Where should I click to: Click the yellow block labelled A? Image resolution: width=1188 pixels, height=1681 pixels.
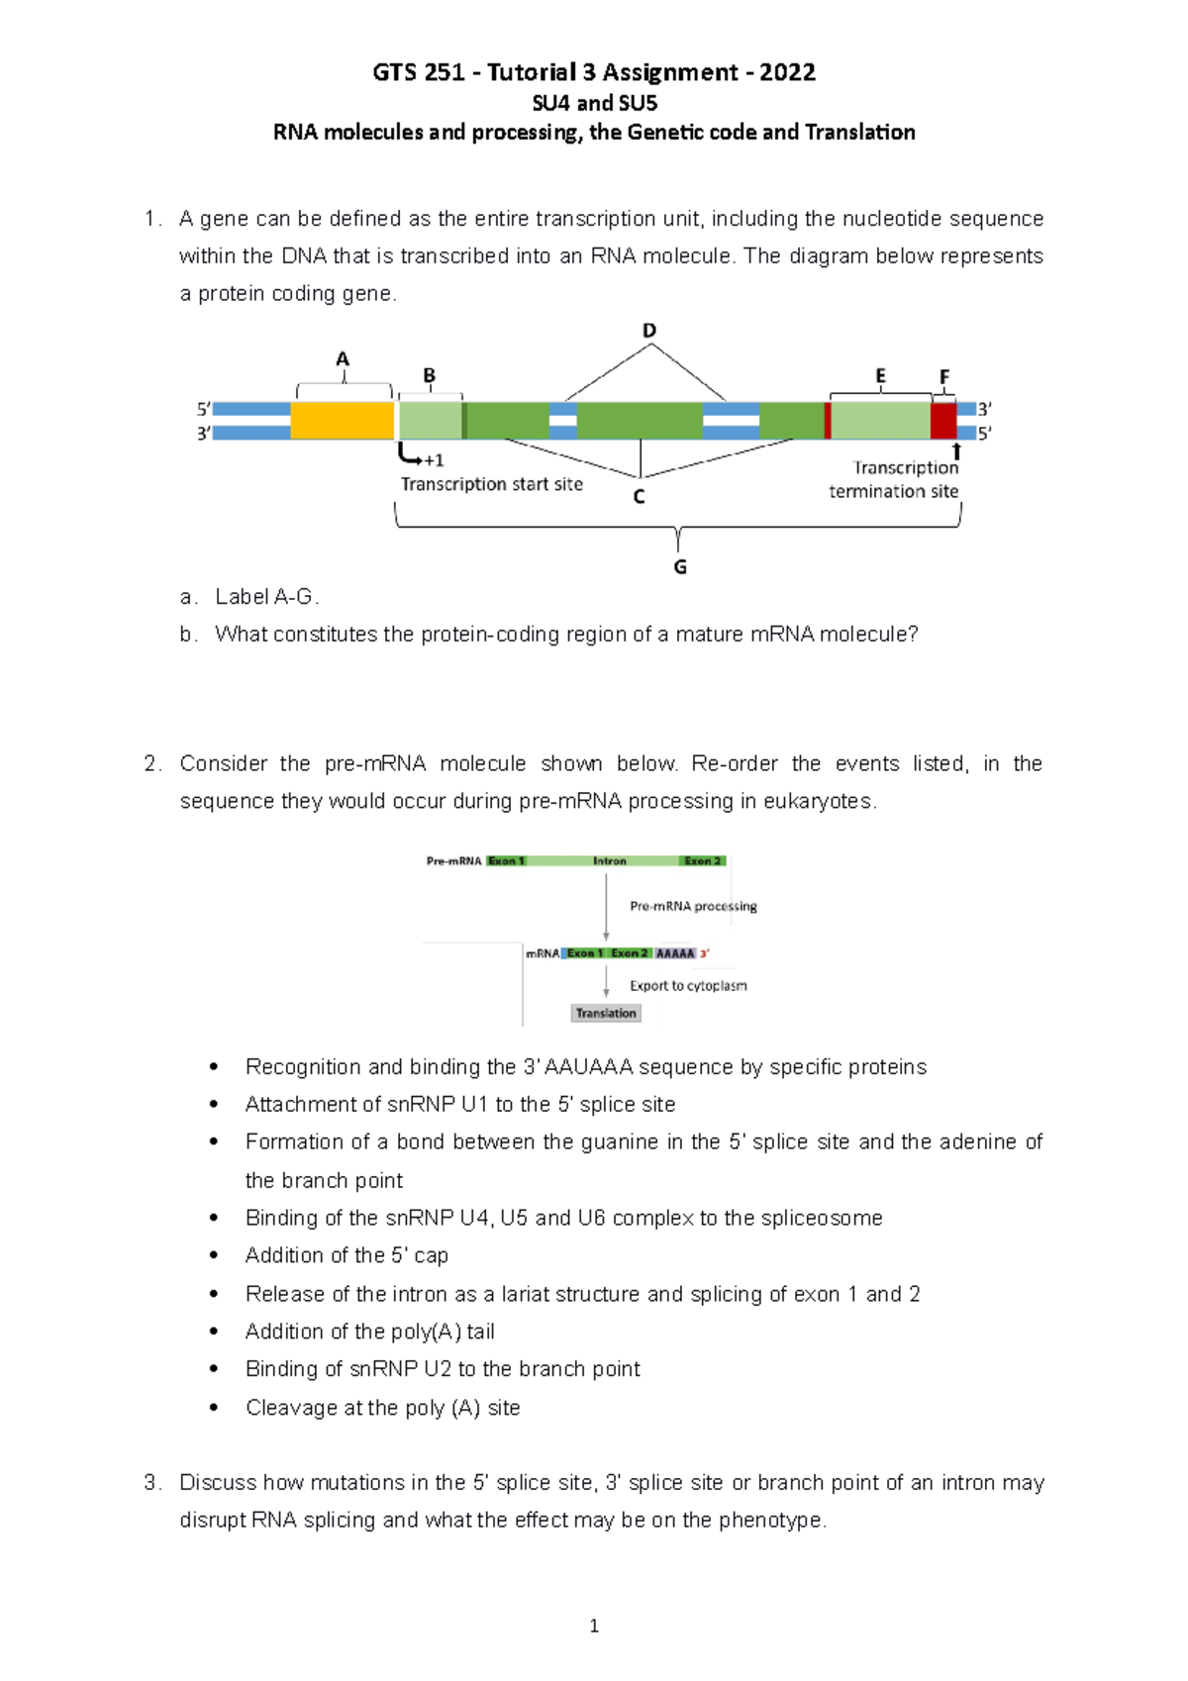[342, 421]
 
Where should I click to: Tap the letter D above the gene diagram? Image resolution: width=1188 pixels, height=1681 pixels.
[649, 331]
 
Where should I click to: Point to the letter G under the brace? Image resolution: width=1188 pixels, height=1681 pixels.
[680, 567]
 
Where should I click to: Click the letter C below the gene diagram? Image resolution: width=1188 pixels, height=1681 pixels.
[639, 497]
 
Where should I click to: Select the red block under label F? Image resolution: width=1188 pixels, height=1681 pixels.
[943, 421]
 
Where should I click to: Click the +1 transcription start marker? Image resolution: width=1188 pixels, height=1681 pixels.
[433, 460]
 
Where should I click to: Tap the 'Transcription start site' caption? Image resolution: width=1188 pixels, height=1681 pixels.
[491, 484]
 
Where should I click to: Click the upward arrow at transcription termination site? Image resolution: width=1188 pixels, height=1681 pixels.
[956, 451]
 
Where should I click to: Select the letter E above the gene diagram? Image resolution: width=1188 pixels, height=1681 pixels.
[880, 376]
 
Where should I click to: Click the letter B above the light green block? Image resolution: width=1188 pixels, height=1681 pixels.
[430, 376]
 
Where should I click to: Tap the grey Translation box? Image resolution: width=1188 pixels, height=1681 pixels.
[606, 1013]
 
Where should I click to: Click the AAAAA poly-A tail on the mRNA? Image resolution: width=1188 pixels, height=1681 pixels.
[675, 953]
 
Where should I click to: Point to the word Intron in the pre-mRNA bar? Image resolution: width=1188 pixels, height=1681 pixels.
[610, 861]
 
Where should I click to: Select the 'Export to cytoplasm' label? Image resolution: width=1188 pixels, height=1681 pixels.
[688, 986]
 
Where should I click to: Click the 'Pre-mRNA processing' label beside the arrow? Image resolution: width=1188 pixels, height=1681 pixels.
[693, 906]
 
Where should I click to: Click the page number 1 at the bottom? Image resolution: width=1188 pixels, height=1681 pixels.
[594, 1626]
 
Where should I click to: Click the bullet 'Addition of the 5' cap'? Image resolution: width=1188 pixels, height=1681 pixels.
[346, 1255]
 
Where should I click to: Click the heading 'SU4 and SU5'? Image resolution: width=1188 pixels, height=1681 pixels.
[594, 103]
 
